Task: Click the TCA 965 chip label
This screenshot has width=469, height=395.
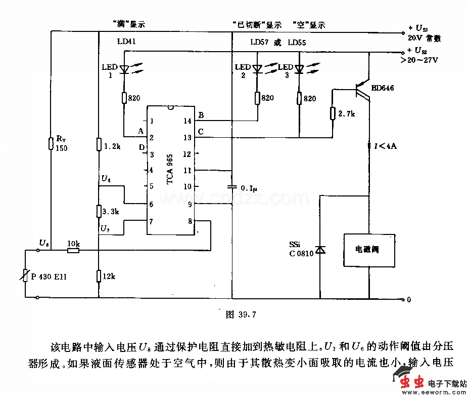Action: pos(170,170)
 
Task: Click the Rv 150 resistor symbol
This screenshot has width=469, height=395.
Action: pos(51,143)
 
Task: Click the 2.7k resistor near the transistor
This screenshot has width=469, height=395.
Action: pos(333,113)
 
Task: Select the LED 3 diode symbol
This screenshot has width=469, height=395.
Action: pos(299,69)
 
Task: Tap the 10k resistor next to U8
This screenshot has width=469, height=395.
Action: pos(73,250)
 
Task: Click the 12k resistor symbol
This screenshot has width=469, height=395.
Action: pos(99,276)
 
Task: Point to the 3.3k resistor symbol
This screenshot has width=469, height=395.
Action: pos(99,211)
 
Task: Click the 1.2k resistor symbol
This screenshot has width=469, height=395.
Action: pos(99,145)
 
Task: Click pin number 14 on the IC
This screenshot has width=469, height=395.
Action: pos(187,121)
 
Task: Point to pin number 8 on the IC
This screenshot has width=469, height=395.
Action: pos(190,221)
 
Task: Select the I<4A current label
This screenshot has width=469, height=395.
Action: pos(384,146)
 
